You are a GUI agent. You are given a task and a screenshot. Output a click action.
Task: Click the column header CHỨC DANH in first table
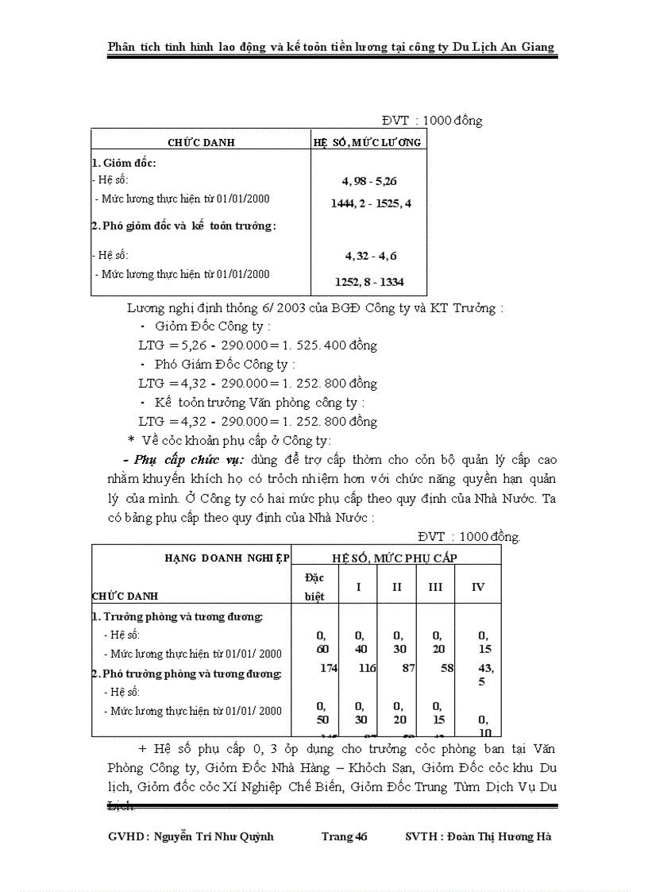[201, 142]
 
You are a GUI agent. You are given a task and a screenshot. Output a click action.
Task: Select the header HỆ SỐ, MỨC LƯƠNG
[368, 142]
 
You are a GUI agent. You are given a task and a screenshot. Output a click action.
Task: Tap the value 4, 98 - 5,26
[370, 181]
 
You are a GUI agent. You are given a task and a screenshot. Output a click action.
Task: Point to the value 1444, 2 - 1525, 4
[371, 203]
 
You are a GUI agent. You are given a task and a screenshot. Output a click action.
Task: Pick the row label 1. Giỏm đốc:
[124, 163]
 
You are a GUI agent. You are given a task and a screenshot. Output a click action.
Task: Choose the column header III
[435, 587]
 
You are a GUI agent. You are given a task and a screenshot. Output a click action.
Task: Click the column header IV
[478, 587]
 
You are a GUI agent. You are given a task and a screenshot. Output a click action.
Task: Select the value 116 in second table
[366, 668]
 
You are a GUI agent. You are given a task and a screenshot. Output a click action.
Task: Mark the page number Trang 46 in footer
[344, 836]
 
